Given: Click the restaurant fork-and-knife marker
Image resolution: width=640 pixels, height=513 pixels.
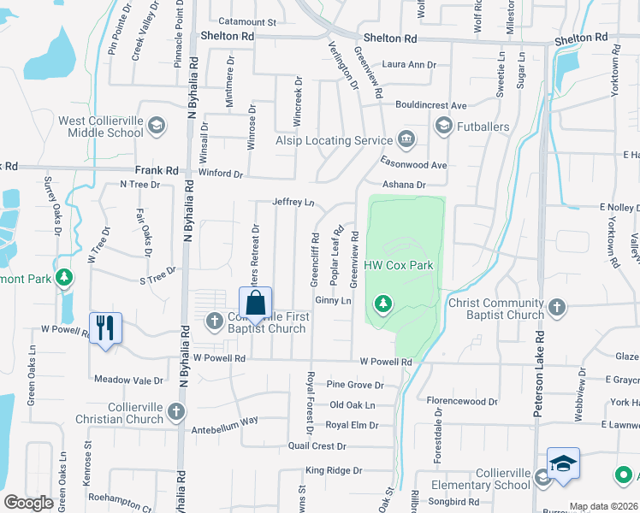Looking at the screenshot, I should tap(105, 328).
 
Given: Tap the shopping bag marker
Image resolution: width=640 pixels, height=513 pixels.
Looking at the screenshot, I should tap(255, 304).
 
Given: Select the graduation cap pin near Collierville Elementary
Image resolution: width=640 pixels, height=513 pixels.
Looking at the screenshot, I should tap(563, 465).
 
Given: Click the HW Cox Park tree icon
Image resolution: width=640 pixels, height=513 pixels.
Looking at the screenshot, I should tap(384, 303).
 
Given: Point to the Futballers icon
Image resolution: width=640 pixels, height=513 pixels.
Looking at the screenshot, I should tap(443, 127).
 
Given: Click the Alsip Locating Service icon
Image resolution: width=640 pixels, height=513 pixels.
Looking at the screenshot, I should tap(406, 139).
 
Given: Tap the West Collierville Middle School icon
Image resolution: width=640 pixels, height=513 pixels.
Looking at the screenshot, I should tap(157, 127).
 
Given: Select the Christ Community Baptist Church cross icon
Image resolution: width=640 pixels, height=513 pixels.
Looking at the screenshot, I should tap(557, 307).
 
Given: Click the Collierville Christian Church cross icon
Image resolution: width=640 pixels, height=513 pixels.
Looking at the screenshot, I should tap(177, 412).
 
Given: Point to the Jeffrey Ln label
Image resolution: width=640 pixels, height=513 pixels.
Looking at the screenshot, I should tap(293, 203).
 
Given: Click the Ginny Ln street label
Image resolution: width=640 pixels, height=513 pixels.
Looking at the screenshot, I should tap(334, 301).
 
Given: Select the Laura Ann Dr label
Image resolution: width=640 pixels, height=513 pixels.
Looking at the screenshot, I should tap(409, 64).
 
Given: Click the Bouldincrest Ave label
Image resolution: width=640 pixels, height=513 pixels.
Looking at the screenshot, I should tap(430, 105).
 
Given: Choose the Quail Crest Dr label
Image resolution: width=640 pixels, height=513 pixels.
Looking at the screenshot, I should tap(317, 446).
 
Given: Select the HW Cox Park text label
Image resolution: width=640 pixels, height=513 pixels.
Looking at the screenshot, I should tap(399, 266).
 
